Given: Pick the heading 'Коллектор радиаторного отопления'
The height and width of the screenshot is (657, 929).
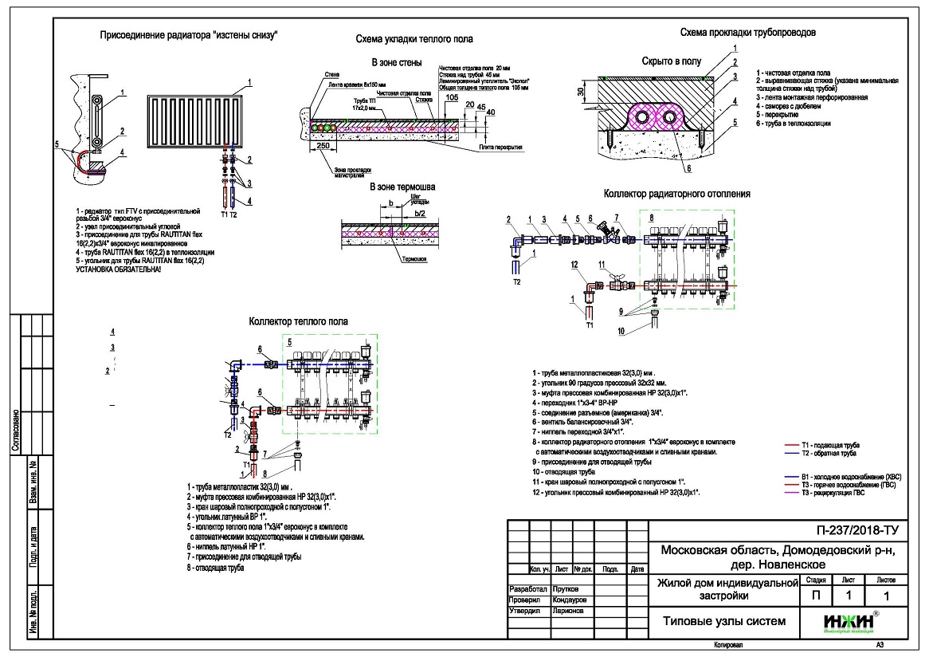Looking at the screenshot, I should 676,193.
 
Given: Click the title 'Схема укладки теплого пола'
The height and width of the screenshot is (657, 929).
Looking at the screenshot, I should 414,38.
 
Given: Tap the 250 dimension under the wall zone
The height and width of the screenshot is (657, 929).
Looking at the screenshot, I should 323,146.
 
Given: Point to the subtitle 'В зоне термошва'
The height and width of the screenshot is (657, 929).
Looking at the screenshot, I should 402,187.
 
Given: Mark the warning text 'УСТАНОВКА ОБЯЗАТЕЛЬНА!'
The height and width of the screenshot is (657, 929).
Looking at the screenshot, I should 118,269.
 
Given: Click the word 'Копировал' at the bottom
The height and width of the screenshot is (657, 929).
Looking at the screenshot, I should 729,644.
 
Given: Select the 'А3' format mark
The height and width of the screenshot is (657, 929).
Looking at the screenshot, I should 880,644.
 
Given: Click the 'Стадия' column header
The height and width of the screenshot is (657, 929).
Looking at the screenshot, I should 815,580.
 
